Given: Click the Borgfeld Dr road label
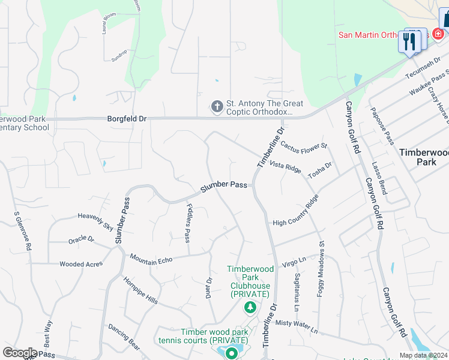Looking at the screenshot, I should click(x=126, y=119).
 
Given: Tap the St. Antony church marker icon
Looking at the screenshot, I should click(x=217, y=107).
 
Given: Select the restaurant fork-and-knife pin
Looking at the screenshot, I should click(x=409, y=41).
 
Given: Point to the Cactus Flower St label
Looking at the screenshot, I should click(x=304, y=146).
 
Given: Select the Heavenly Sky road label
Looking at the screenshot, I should click(x=95, y=221).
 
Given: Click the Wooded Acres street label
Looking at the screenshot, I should click(x=81, y=264).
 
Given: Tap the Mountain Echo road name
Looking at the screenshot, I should click(x=151, y=257).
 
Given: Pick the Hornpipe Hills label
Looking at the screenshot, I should click(x=140, y=291).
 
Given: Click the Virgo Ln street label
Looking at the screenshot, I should click(x=294, y=260).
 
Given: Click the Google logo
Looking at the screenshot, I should click(x=20, y=353).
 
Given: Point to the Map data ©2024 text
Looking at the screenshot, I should click(x=423, y=355).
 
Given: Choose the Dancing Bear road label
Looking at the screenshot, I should click(x=124, y=337).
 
